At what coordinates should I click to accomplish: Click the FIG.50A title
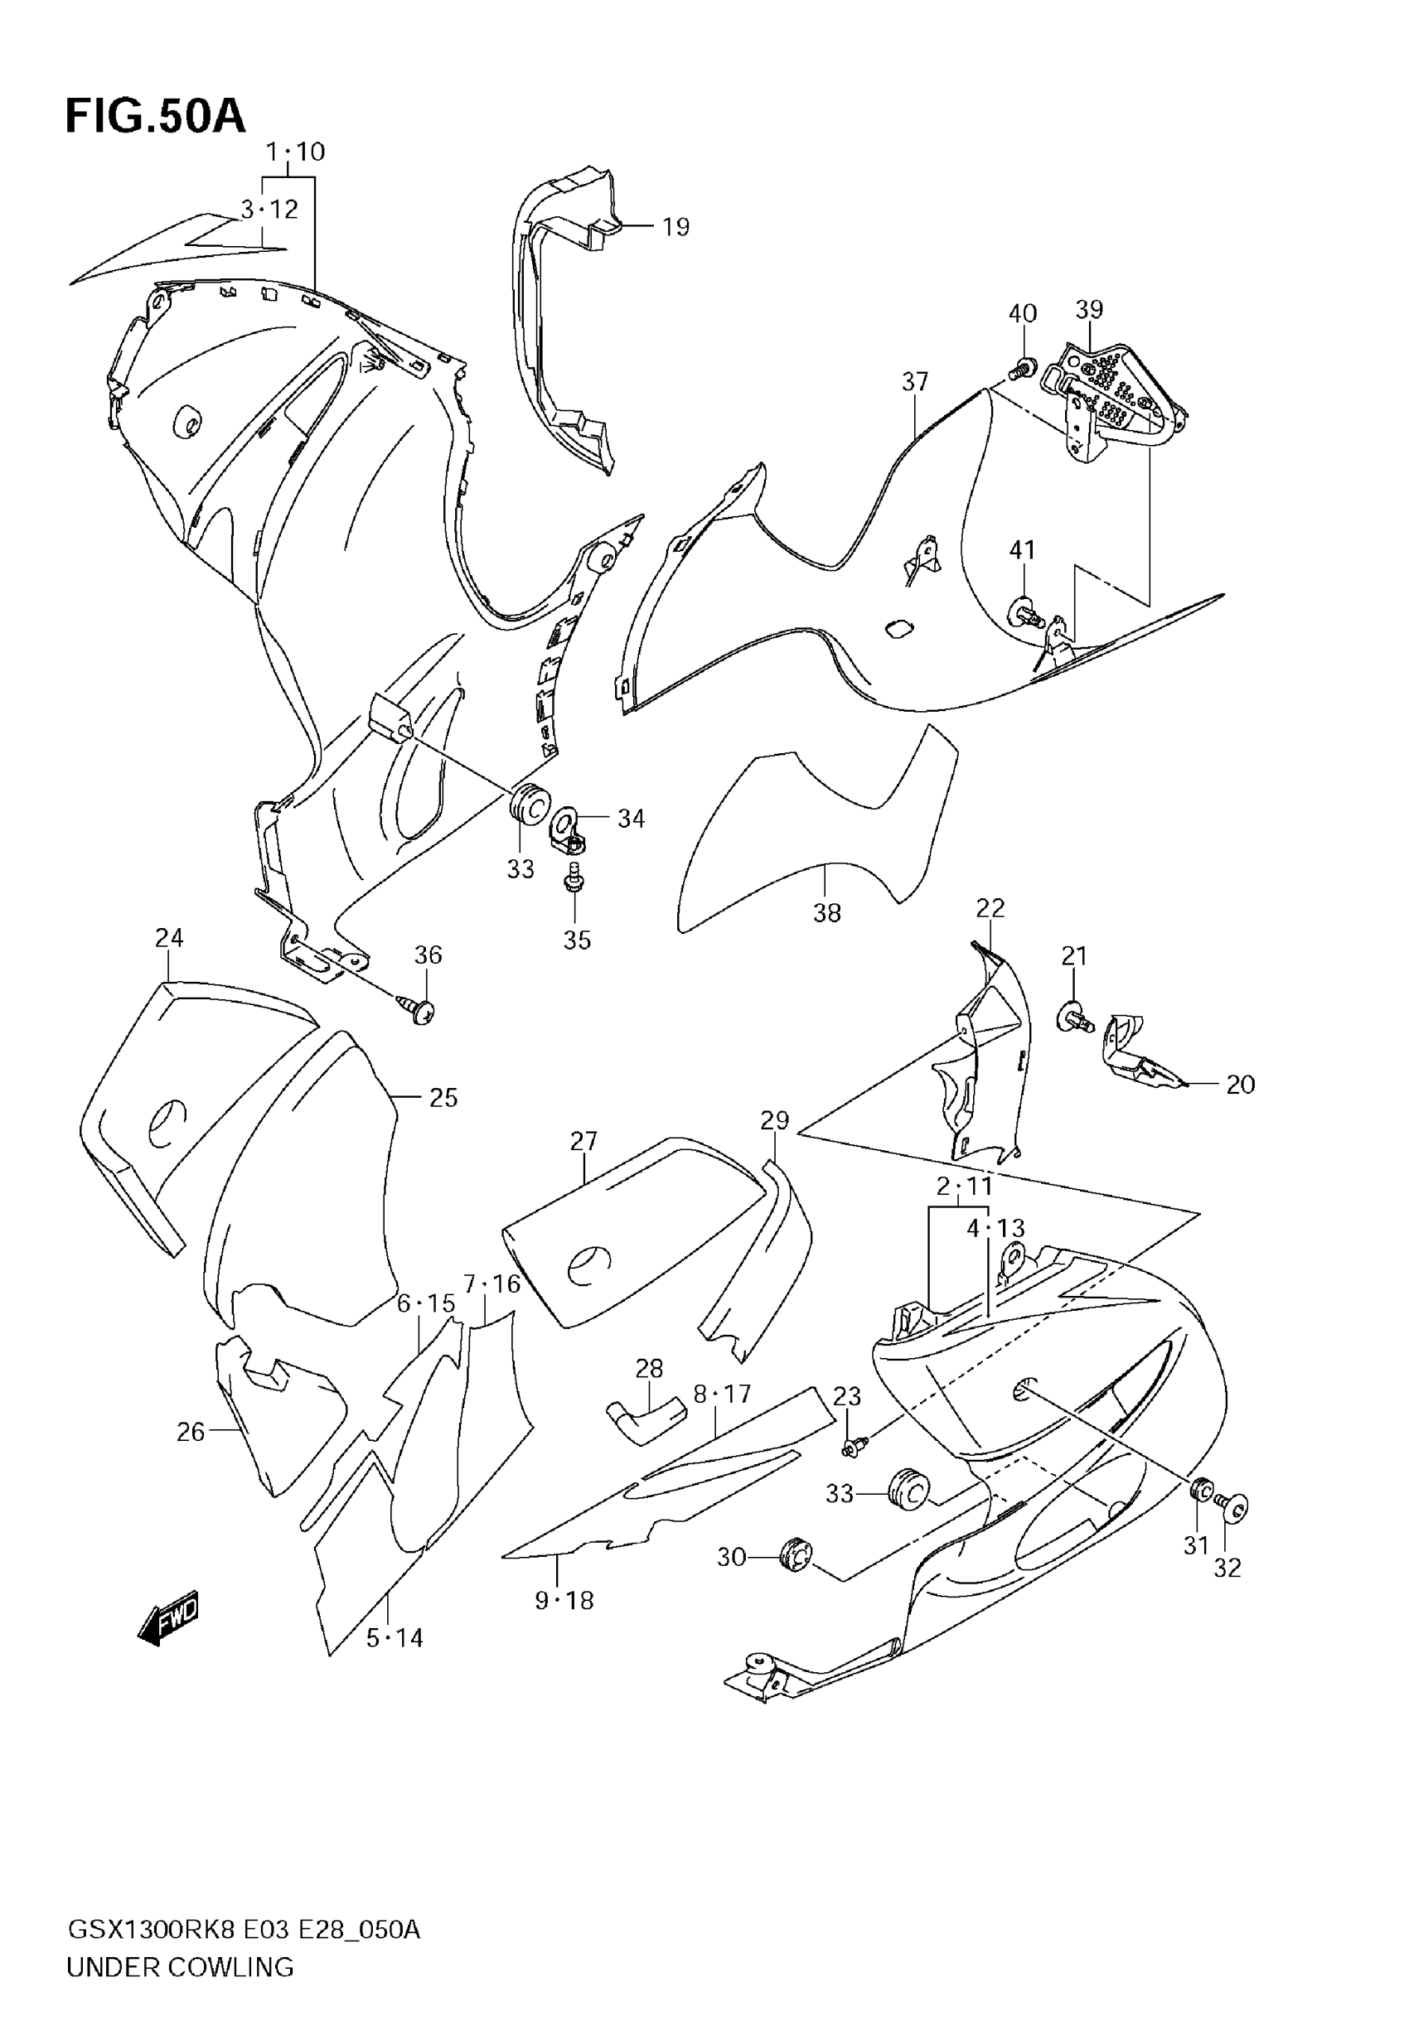point(155,117)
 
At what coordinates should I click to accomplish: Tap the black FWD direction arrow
point(168,1619)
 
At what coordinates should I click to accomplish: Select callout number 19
point(675,227)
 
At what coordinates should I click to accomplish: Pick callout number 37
point(916,381)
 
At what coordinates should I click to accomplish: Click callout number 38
point(827,913)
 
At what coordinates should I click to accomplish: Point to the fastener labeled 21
point(1076,1019)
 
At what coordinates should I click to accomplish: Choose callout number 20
point(1241,1085)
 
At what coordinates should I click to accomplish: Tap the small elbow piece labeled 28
point(642,1416)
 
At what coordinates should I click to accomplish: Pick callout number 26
point(191,1432)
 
